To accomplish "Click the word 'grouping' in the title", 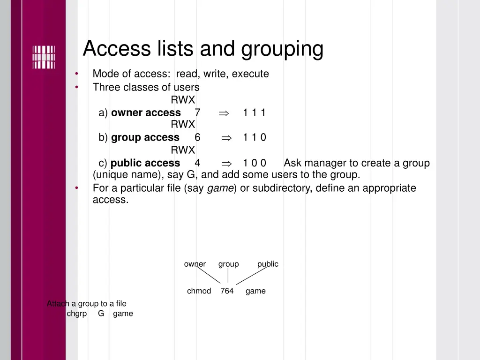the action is coord(282,49).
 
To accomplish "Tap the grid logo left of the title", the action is coord(44,57).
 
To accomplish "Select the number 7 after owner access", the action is coord(197,112).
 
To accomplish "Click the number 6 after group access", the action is coord(197,137).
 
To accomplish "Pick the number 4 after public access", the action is coord(197,163).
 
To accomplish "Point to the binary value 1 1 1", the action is coord(254,112).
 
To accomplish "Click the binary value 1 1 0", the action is coord(254,137).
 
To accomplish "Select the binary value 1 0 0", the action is coord(254,163).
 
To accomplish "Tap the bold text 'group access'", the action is coord(145,137).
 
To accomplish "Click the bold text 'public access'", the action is coord(145,163).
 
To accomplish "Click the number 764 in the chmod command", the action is coord(227,291).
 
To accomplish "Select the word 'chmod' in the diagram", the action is coord(199,291).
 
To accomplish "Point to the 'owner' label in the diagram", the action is coord(195,264).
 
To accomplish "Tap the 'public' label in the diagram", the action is coord(268,264).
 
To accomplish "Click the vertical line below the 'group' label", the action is coord(228,276).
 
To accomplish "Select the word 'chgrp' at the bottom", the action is coord(77,314).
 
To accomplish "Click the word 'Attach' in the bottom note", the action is coord(58,304).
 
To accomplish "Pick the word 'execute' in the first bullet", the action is coord(250,74).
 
